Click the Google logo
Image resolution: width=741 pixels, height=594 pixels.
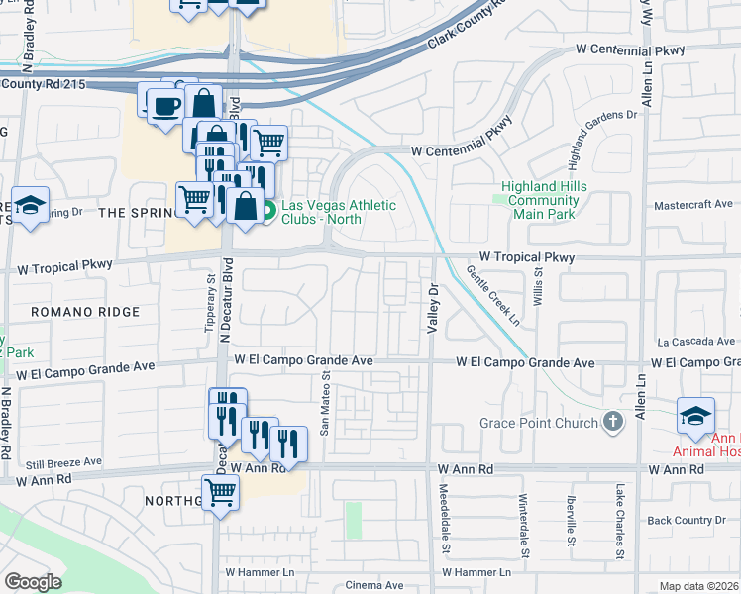coord(33,582)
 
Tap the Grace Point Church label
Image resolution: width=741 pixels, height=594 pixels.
coord(539,424)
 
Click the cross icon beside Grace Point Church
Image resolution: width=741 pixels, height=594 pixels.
coord(613,423)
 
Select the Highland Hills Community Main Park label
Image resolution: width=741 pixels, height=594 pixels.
coord(544,200)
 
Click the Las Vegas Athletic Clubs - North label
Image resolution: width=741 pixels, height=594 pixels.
coord(338,212)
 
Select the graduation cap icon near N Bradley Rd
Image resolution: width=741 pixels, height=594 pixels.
coord(31,205)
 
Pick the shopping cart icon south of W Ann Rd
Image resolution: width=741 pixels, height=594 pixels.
coord(221,491)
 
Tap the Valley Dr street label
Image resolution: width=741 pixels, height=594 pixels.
coord(432,309)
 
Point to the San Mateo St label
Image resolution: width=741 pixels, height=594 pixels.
coord(325,403)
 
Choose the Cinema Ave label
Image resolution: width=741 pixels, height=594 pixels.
coord(374,585)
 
